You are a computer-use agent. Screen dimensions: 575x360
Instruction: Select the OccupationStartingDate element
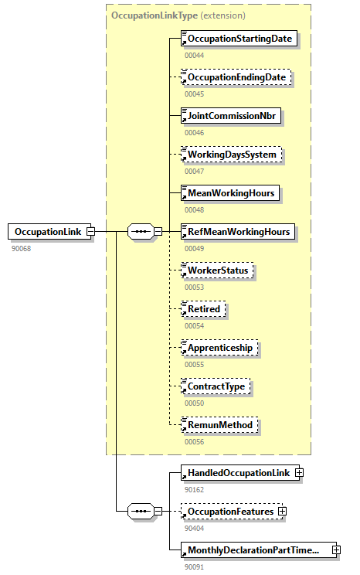pyautogui.click(x=239, y=38)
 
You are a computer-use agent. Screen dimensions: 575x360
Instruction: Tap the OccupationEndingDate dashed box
pyautogui.click(x=236, y=77)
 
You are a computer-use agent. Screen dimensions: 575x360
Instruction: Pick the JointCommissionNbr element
pyautogui.click(x=230, y=116)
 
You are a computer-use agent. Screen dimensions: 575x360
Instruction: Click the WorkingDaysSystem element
pyautogui.click(x=230, y=155)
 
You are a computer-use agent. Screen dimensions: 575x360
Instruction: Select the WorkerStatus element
pyautogui.click(x=216, y=270)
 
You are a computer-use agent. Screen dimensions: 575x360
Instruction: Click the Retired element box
pyautogui.click(x=203, y=309)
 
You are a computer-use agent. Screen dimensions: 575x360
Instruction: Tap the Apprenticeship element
pyautogui.click(x=219, y=348)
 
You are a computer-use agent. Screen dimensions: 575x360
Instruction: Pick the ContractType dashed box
pyautogui.click(x=216, y=386)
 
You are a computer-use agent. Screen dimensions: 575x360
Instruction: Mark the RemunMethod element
pyautogui.click(x=218, y=424)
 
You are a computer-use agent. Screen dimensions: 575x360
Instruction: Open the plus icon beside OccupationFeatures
pyautogui.click(x=283, y=511)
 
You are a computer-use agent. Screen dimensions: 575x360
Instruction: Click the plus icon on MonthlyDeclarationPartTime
pyautogui.click(x=336, y=549)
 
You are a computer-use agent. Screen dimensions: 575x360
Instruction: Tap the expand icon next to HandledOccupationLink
pyautogui.click(x=299, y=472)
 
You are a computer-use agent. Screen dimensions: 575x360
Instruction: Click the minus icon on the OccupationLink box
pyautogui.click(x=90, y=231)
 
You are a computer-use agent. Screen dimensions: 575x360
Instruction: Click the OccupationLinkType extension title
pyautogui.click(x=178, y=15)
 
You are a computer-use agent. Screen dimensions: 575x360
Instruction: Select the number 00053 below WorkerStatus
pyautogui.click(x=195, y=287)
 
